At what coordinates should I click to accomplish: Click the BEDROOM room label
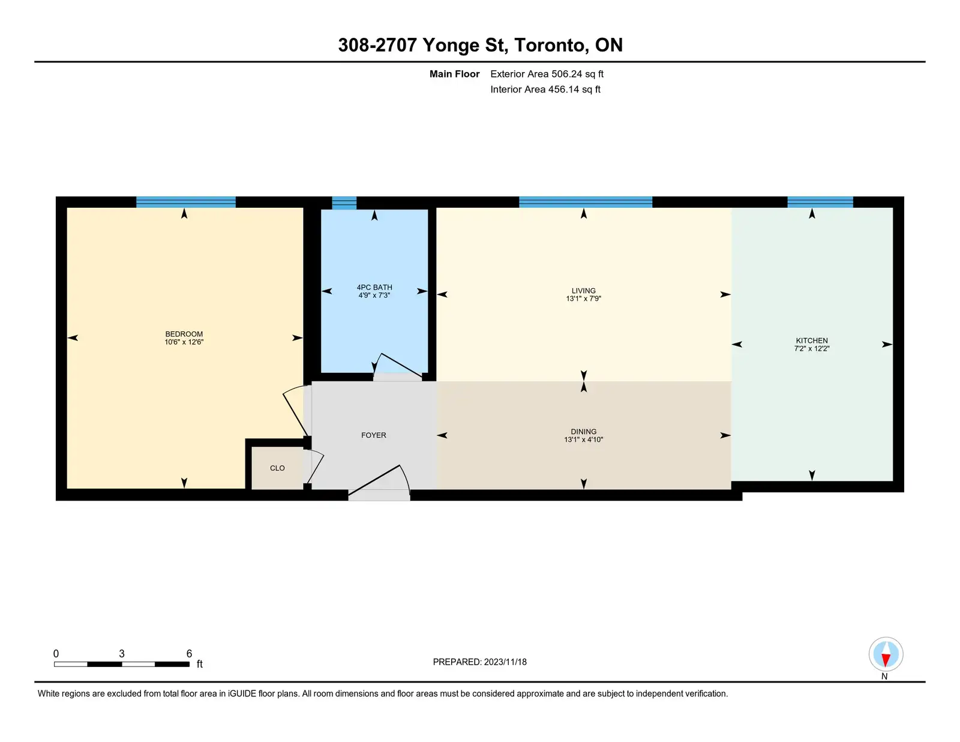pyautogui.click(x=184, y=334)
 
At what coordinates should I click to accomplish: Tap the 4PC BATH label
pyautogui.click(x=374, y=287)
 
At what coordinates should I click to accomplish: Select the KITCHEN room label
pyautogui.click(x=812, y=341)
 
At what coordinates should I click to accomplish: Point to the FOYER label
pyautogui.click(x=373, y=435)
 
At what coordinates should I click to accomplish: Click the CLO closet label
pyautogui.click(x=277, y=468)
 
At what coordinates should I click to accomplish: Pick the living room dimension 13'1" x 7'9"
pyautogui.click(x=583, y=299)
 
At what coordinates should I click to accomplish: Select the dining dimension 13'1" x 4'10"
pyautogui.click(x=583, y=439)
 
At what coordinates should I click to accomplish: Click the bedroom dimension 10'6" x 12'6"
pyautogui.click(x=184, y=342)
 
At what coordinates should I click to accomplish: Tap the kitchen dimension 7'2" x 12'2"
pyautogui.click(x=812, y=349)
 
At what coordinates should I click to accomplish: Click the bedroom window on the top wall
pyautogui.click(x=185, y=202)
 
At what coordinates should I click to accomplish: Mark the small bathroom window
pyautogui.click(x=344, y=203)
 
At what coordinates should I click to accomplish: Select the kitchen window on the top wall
pyautogui.click(x=820, y=202)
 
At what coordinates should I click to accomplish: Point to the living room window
pyautogui.click(x=586, y=202)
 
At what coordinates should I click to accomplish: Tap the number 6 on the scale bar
pyautogui.click(x=189, y=654)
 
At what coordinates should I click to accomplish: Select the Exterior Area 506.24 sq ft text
pyautogui.click(x=547, y=74)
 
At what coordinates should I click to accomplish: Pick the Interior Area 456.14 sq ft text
pyautogui.click(x=545, y=89)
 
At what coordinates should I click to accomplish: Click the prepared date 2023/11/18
pyautogui.click(x=505, y=662)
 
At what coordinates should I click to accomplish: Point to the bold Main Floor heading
pyautogui.click(x=454, y=74)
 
